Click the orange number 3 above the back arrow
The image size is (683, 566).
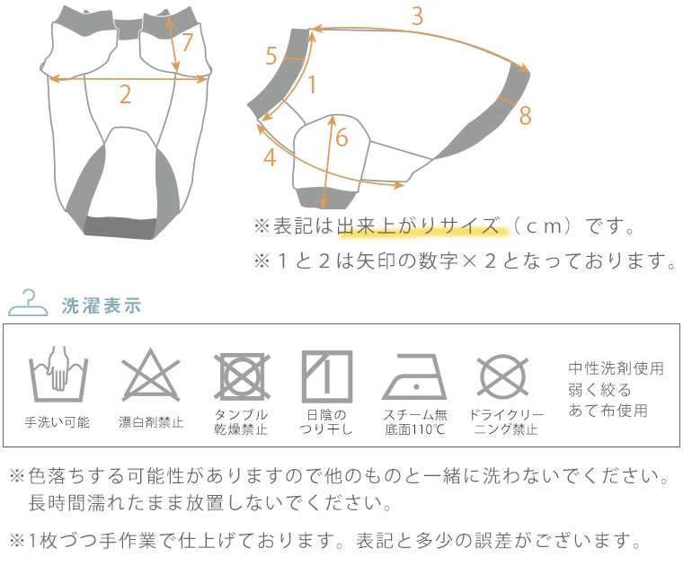tap(417, 16)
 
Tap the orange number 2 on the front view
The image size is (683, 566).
tap(125, 94)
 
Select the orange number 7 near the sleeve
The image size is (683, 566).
tap(187, 42)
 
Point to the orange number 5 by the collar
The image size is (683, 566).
tap(271, 57)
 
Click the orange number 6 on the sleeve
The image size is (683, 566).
tap(341, 137)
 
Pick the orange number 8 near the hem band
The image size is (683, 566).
tap(526, 115)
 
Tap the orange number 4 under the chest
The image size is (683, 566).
tap(270, 157)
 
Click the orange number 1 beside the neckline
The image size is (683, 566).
tap(312, 84)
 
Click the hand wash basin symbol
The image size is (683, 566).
tap(58, 375)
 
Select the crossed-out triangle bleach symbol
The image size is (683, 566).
tap(150, 376)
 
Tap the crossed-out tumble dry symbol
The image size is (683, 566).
tap(242, 376)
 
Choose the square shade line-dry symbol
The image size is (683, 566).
tap(327, 376)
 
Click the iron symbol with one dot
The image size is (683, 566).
tap(414, 376)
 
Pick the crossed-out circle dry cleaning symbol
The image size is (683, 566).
tap(502, 376)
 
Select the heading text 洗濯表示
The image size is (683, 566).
tap(101, 305)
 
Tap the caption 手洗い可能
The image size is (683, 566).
tap(57, 422)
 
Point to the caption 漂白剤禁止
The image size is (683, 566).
tap(151, 422)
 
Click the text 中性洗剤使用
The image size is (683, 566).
tap(616, 368)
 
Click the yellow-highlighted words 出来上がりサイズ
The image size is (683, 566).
tap(419, 226)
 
